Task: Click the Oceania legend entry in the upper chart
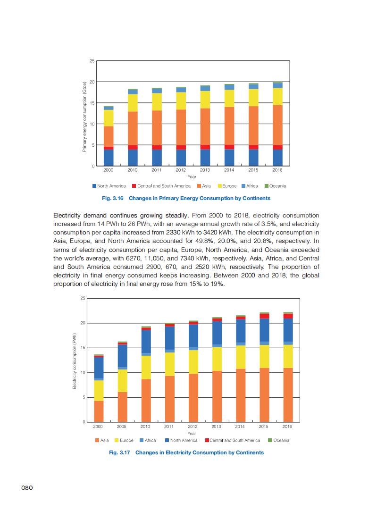277,186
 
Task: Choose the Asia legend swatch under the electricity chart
97,440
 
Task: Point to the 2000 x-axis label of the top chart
108,170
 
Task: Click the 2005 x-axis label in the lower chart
122,426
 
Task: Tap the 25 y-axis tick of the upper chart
92,61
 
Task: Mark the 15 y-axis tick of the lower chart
83,348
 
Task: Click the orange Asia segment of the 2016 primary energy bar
277,125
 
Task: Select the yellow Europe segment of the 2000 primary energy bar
109,118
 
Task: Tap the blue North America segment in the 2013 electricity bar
217,333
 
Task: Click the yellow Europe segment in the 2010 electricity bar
146,367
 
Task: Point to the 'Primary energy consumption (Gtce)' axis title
84,116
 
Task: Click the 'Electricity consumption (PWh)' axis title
74,361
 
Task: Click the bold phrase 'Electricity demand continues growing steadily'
120,216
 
